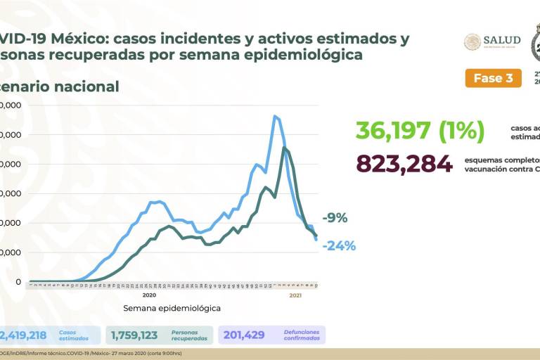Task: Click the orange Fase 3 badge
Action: (493, 78)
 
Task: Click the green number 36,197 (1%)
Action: (419, 131)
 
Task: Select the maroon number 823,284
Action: (404, 163)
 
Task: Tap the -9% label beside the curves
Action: (335, 218)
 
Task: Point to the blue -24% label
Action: (339, 245)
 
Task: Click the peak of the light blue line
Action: (274, 116)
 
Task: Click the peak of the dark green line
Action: (283, 148)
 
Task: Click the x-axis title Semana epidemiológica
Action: (172, 308)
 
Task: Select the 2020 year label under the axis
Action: (149, 296)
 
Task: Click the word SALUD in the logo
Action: (502, 40)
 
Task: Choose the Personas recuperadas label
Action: (190, 335)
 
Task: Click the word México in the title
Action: (79, 39)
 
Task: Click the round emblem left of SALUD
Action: (472, 41)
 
